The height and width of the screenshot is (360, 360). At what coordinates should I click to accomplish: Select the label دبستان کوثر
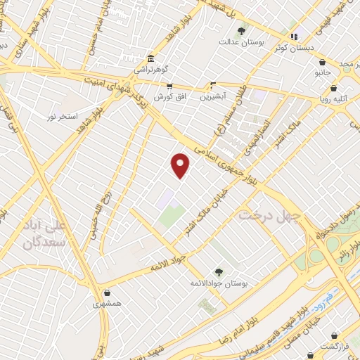click(295, 48)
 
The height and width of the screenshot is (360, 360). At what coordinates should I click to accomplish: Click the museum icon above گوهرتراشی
click(150, 58)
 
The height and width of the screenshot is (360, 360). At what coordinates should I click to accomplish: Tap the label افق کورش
click(168, 96)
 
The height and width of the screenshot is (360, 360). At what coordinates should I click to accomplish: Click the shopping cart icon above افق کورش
click(169, 85)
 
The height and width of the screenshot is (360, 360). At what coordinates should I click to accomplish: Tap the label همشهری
click(106, 305)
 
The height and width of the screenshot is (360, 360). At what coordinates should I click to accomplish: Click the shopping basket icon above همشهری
click(106, 293)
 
